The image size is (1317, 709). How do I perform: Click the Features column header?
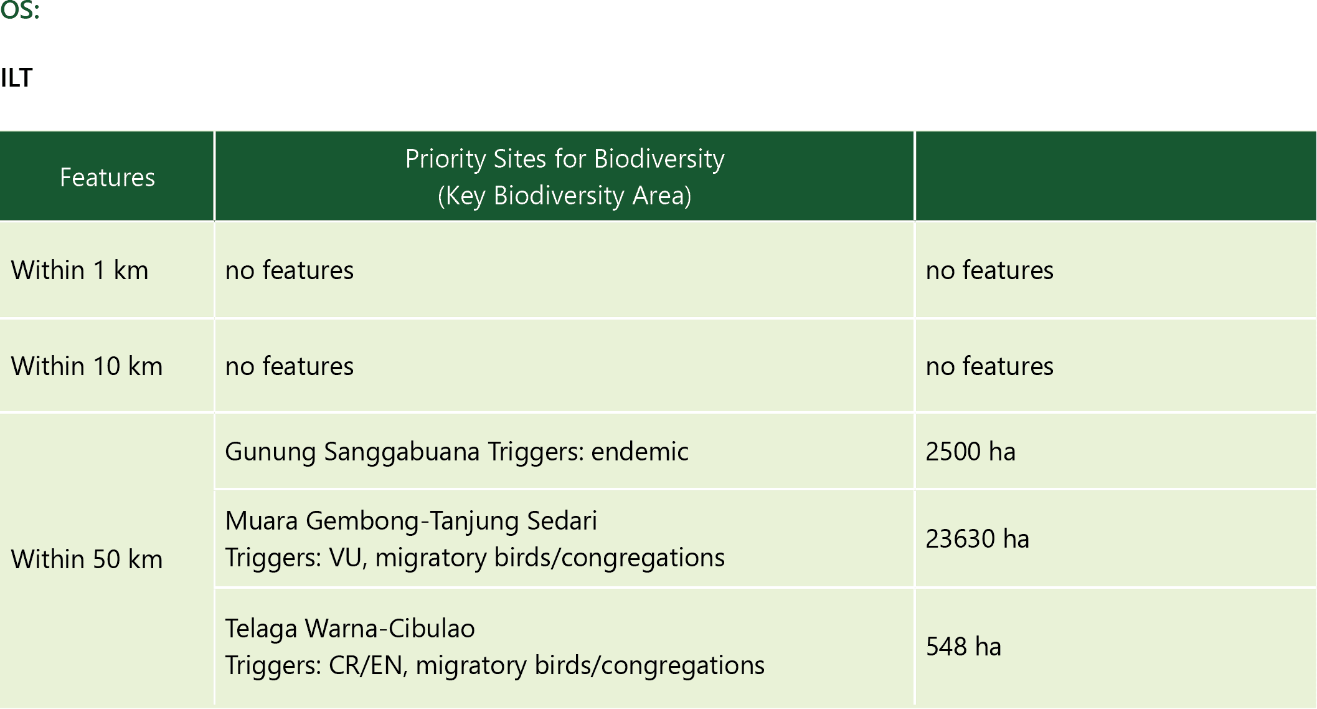click(107, 178)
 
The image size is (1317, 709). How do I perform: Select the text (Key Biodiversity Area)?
click(565, 196)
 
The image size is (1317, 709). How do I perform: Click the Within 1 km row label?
click(80, 270)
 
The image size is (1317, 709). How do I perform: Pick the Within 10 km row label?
click(87, 366)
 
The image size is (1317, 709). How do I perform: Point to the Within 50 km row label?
click(87, 559)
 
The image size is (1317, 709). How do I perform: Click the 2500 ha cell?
click(970, 452)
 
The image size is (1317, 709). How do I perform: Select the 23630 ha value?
click(977, 539)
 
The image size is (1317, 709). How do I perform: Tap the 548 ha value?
click(963, 647)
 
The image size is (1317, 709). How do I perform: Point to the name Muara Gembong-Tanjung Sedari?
click(411, 521)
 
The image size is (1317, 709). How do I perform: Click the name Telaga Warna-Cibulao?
click(350, 629)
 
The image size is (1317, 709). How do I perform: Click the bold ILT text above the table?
click(16, 78)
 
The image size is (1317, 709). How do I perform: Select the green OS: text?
click(19, 11)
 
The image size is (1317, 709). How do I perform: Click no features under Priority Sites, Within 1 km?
click(290, 270)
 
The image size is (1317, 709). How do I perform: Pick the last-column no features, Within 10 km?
click(989, 366)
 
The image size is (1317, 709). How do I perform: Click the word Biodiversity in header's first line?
click(659, 159)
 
